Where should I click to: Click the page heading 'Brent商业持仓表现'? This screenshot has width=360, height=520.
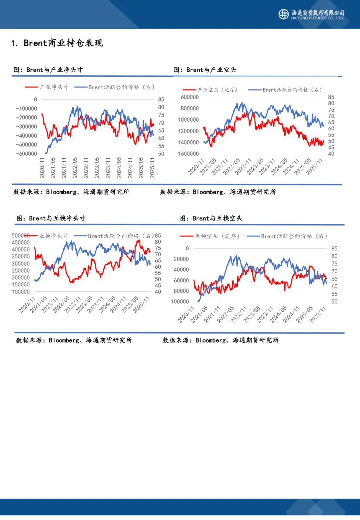coord(63,43)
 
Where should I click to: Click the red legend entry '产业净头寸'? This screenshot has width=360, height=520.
coord(47,87)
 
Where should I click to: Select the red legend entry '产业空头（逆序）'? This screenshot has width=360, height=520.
coord(210,90)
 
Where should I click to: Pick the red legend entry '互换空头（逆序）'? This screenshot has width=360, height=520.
coord(210,236)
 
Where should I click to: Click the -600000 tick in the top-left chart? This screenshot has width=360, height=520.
coord(26,154)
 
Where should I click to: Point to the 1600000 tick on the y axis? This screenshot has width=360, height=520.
coord(188,154)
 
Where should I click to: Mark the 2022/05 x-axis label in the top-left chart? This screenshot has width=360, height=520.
coord(75,167)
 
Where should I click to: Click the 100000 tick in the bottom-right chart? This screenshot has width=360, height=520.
coord(180,301)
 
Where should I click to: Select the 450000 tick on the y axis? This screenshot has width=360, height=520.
coord(21,243)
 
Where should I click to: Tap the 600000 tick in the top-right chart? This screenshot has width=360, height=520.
coord(189,97)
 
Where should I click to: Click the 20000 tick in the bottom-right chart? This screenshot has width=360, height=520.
coord(181,259)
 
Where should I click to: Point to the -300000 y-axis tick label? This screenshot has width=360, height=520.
coord(26,127)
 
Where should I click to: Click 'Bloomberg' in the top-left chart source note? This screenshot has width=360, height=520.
coord(61,192)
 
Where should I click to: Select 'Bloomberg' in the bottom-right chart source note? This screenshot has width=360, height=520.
coord(211,340)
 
